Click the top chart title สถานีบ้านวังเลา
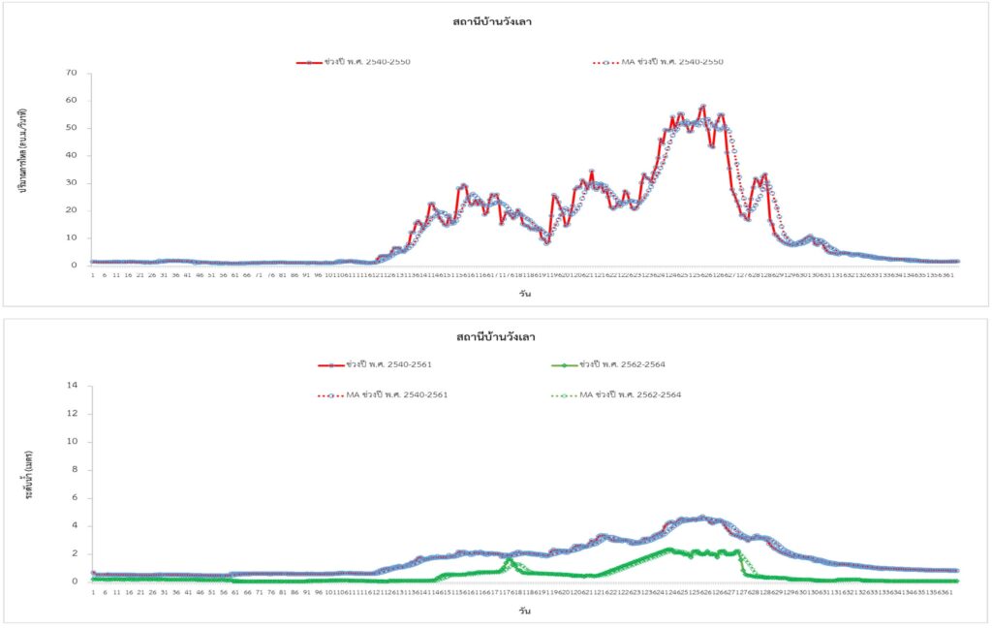click(492, 22)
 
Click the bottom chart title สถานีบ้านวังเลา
click(496, 336)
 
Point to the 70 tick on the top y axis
click(71, 73)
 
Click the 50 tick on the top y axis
click(71, 128)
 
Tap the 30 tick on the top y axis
click(71, 183)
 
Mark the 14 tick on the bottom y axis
click(71, 386)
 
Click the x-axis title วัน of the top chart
click(523, 294)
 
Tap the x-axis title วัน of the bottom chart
click(523, 612)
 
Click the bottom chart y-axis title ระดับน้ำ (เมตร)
click(29, 484)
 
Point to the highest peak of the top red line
click(702, 107)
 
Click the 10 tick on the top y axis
click(71, 238)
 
